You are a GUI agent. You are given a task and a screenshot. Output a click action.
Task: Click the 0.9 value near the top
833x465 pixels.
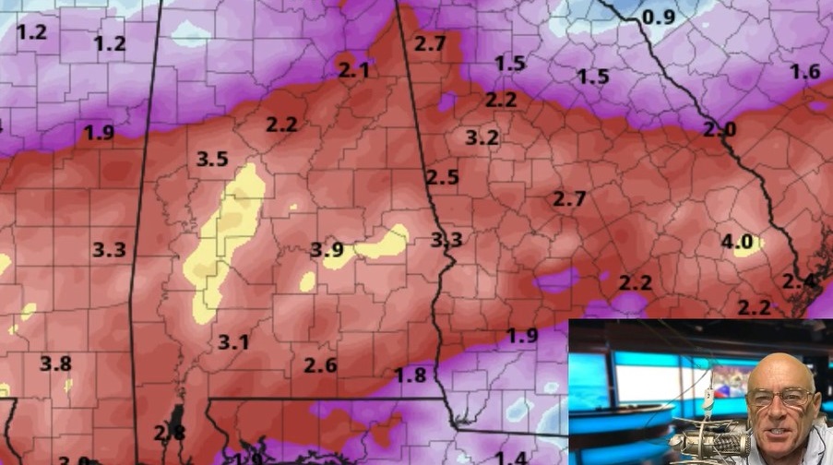point(659,17)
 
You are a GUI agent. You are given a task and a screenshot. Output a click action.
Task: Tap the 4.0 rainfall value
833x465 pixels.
point(736,243)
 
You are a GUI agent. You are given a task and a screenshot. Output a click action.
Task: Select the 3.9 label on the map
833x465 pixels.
point(327,249)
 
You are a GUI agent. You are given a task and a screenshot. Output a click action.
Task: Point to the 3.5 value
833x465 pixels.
point(212,159)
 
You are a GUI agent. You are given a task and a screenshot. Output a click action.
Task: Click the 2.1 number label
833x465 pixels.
point(354,70)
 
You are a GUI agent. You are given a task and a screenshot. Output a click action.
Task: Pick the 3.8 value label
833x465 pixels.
point(55,364)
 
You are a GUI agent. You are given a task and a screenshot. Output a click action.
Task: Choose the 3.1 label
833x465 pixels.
point(233,342)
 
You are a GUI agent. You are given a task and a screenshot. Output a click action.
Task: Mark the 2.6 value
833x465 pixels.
point(320,364)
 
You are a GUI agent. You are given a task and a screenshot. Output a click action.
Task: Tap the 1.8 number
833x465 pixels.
point(411,375)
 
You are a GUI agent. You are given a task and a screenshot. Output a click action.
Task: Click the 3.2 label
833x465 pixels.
point(482,138)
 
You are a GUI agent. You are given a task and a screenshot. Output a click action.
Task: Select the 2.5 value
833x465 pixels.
point(442,177)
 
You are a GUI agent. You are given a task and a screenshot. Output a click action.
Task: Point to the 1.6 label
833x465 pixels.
point(804,72)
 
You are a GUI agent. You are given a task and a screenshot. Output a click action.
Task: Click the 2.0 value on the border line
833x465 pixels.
point(720,130)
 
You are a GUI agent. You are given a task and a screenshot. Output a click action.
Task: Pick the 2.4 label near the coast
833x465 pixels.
point(798,280)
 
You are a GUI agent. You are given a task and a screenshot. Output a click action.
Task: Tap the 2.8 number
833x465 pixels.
point(169,433)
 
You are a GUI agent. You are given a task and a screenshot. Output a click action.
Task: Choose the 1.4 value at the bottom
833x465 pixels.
point(510,457)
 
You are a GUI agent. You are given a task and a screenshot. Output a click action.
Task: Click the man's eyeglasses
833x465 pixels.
point(780,398)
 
